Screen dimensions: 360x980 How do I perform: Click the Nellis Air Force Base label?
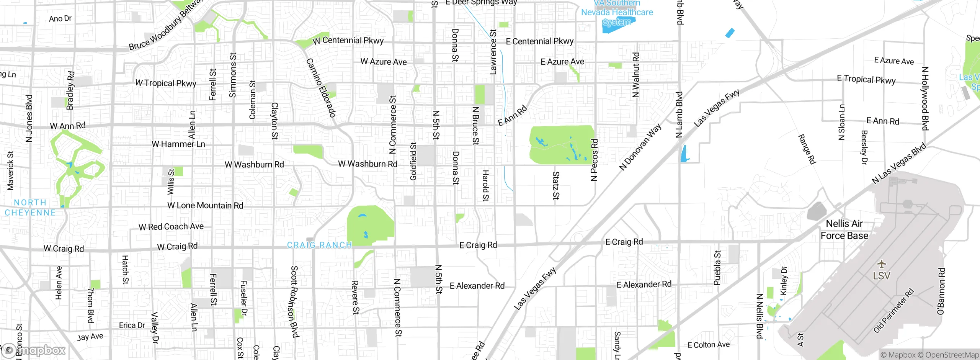click(844, 229)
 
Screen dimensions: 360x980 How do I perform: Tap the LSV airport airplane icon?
click(882, 264)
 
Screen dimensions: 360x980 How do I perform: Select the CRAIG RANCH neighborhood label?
click(319, 245)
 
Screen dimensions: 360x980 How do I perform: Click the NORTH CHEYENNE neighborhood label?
click(30, 207)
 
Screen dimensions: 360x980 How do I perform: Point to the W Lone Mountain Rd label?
click(205, 205)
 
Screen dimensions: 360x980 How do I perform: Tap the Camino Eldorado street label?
click(321, 88)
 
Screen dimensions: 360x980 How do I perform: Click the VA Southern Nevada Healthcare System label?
click(617, 13)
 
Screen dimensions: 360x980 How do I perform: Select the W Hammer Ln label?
click(178, 144)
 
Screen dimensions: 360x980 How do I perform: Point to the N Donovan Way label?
click(640, 147)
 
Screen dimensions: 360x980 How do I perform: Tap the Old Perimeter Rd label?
click(894, 310)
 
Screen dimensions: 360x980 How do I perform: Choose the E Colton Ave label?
click(709, 345)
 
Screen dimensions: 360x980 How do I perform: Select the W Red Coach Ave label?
click(171, 227)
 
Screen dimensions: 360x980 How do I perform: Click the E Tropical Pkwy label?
click(866, 79)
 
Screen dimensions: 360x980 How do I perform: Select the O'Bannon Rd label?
click(941, 291)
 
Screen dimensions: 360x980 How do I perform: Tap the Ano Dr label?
click(60, 18)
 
